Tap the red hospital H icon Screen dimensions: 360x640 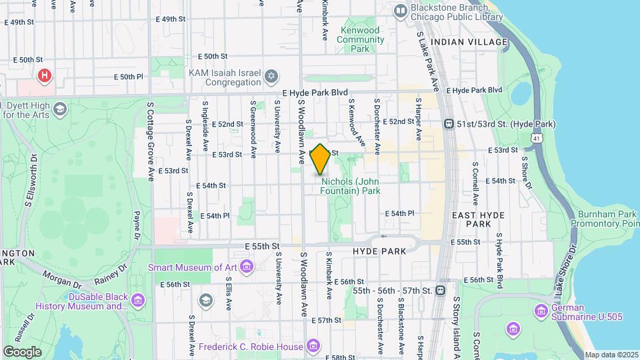coord(45,76)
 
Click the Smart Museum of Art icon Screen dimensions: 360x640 coord(247,267)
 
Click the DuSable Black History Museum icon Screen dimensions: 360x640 coord(138,301)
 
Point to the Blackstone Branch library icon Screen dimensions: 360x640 coord(400,10)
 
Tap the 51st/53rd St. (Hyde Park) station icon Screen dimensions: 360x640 coord(449,124)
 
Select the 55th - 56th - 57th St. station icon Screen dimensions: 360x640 coord(440,291)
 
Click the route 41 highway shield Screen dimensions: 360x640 coord(537,137)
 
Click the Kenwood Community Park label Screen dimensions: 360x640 coord(361,39)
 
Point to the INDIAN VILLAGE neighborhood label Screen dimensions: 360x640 coord(469,42)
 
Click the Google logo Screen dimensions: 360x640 coord(23,351)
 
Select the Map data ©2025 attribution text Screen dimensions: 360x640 coord(611,355)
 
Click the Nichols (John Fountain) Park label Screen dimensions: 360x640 coord(351,186)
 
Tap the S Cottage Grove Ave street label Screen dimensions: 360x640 coord(151,140)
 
